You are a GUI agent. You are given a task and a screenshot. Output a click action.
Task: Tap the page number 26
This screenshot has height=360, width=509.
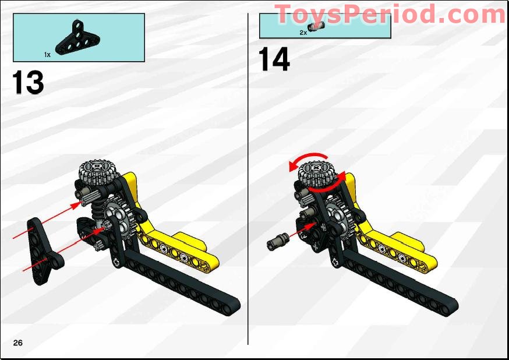[18, 343]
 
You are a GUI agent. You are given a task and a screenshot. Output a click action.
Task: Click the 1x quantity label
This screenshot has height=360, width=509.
[47, 54]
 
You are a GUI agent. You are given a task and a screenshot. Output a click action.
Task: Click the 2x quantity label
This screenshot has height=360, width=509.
[303, 33]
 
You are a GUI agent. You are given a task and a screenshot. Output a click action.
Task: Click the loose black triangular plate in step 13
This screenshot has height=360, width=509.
[41, 245]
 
